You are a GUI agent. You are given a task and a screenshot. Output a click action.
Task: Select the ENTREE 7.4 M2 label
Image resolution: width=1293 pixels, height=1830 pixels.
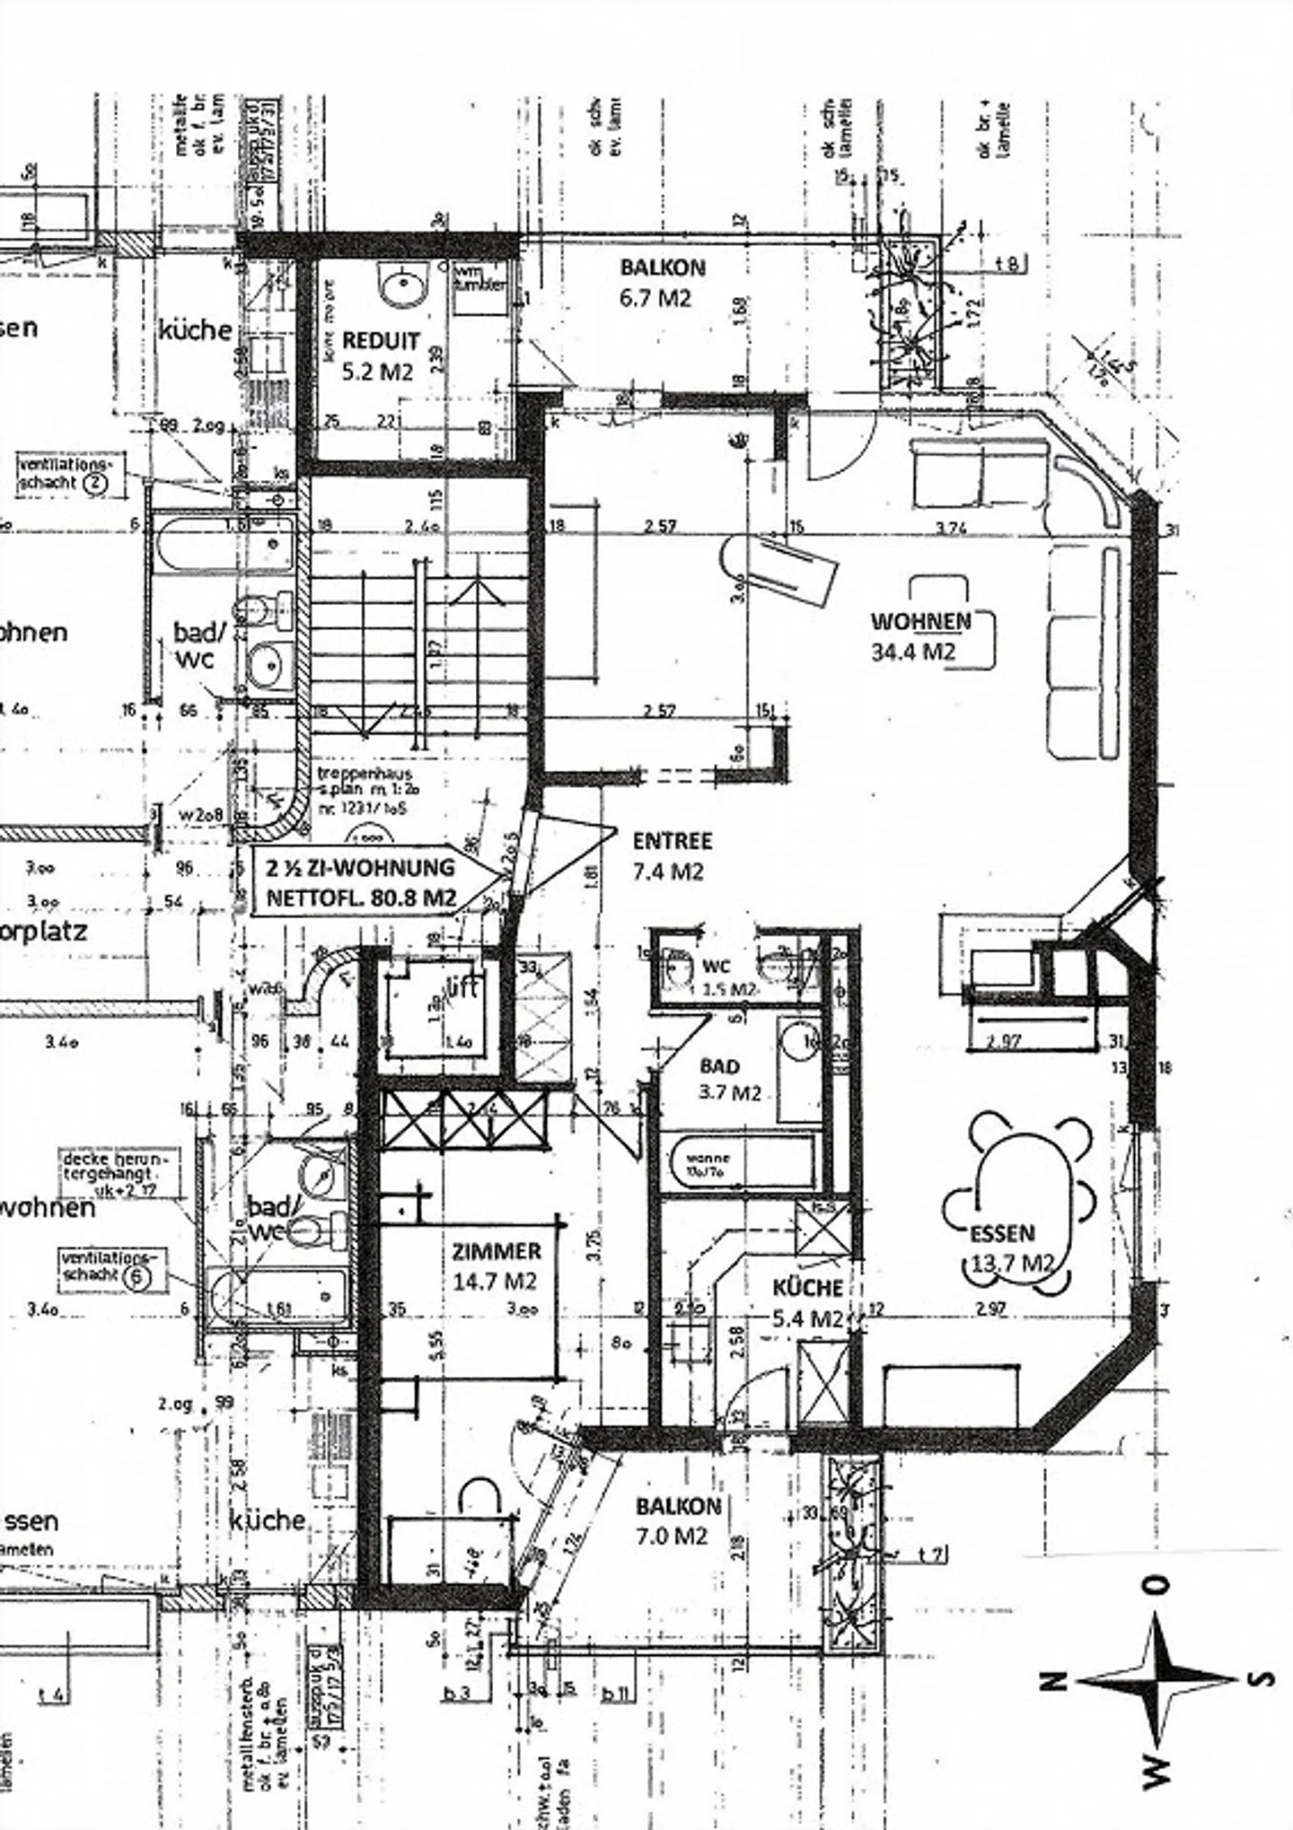point(671,855)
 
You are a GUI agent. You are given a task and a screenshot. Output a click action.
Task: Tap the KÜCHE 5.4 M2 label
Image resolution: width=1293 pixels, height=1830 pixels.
point(808,1302)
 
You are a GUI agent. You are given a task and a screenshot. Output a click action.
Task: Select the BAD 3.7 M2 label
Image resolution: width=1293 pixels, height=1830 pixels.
point(730,1079)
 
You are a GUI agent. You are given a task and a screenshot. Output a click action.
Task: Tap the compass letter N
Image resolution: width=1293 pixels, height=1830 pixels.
point(1057,1680)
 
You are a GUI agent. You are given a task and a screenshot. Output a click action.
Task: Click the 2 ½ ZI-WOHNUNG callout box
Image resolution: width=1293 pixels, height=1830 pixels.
point(361,881)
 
